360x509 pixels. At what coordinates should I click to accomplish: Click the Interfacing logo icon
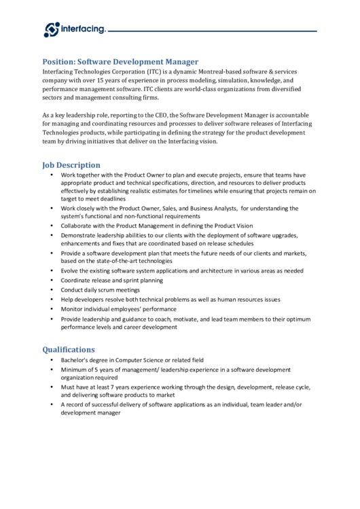52,29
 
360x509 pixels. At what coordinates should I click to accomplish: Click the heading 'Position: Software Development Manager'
120,61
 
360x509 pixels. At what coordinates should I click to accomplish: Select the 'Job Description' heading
71,164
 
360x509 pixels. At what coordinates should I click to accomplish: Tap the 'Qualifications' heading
69,349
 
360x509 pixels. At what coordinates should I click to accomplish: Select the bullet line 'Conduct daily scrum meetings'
100,289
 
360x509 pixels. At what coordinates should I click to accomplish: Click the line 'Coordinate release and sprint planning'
111,280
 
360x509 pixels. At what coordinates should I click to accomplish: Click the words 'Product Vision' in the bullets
233,226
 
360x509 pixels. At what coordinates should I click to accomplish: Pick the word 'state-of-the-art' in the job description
111,261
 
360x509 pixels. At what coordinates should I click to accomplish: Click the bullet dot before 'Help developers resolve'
52,299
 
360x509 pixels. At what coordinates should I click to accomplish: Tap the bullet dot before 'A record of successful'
52,404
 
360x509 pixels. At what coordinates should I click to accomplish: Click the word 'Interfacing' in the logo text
83,29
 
